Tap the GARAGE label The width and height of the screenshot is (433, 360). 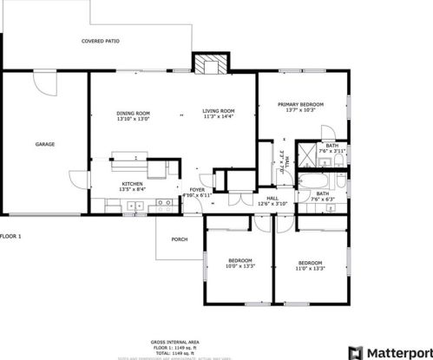(x=45, y=144)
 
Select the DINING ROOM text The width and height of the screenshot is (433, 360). (x=134, y=113)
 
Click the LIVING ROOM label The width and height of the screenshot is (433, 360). (x=219, y=111)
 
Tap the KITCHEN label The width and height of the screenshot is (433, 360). (x=132, y=184)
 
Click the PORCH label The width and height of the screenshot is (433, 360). (x=180, y=239)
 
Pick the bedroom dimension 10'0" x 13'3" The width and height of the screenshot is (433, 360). (x=239, y=268)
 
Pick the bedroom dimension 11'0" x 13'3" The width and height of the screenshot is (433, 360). (x=310, y=268)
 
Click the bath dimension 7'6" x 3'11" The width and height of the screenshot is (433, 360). (x=333, y=151)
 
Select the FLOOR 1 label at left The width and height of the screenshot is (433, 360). (x=10, y=237)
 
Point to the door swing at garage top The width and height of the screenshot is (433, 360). (x=43, y=82)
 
